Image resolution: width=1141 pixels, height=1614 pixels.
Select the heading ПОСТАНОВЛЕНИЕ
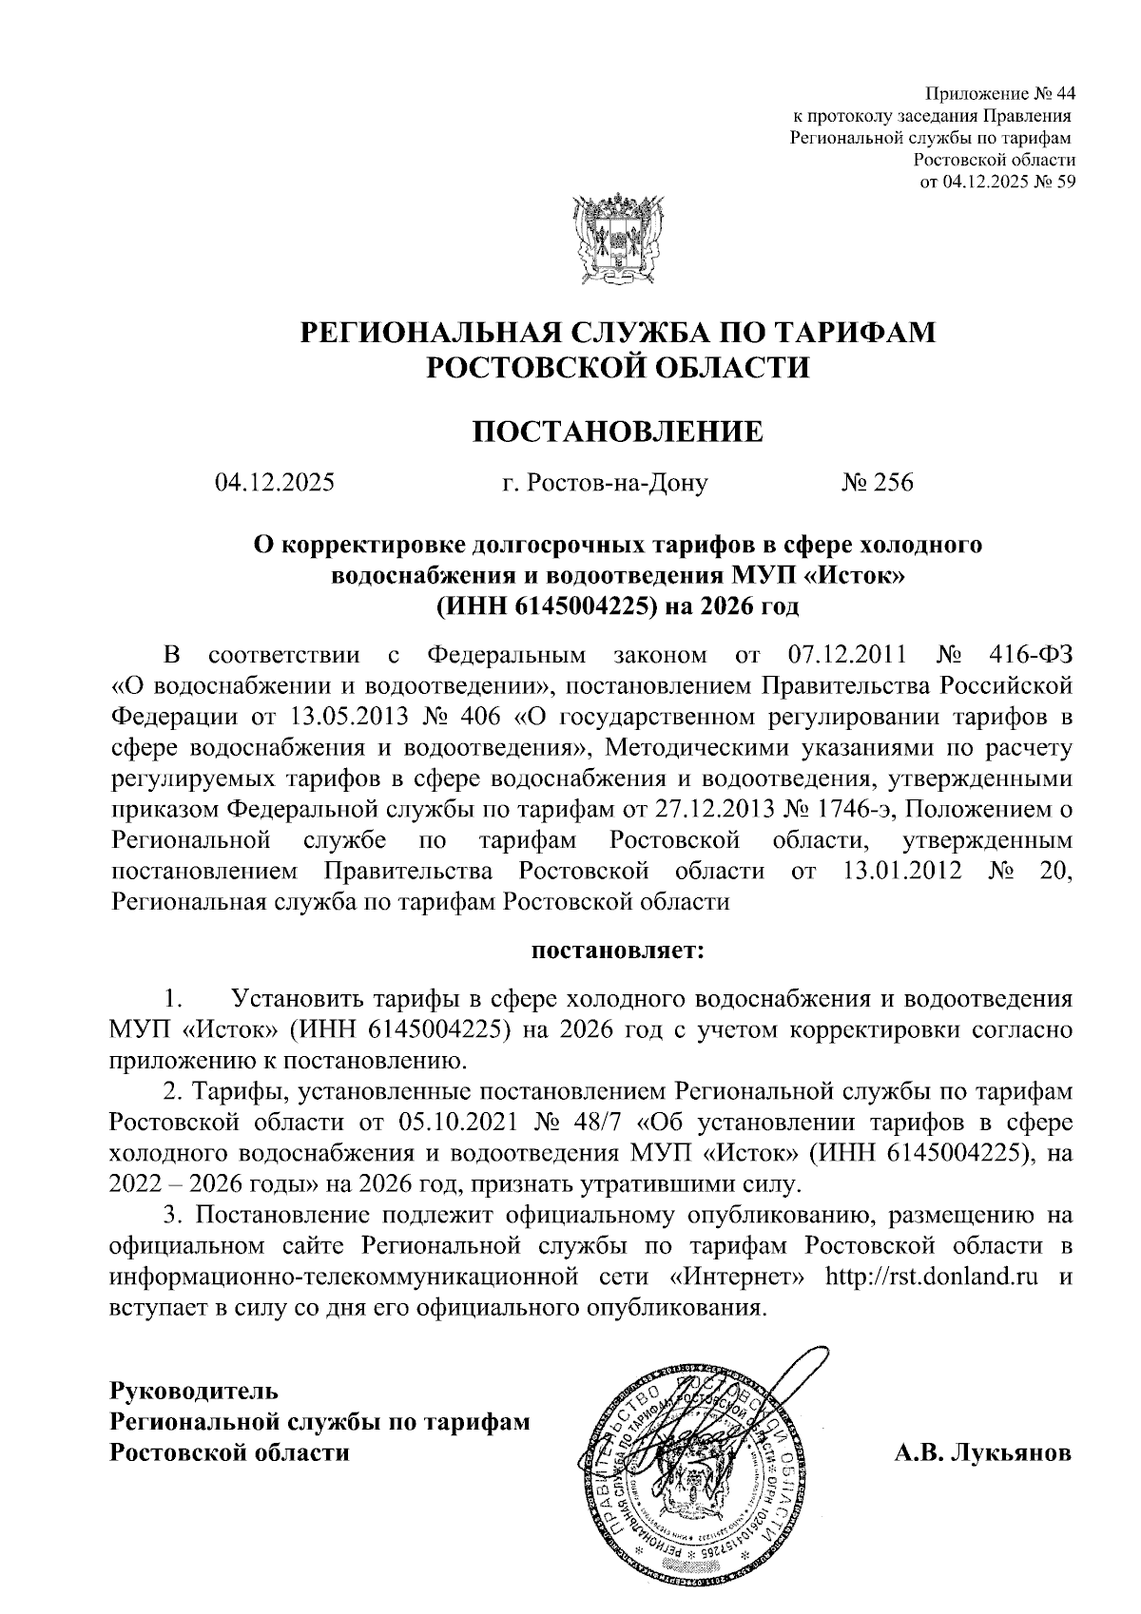[x=618, y=432]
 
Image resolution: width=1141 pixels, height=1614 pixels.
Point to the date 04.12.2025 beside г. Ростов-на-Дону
[x=275, y=483]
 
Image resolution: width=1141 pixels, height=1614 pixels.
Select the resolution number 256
[x=893, y=483]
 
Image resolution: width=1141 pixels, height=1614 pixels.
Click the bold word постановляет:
[x=617, y=950]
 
